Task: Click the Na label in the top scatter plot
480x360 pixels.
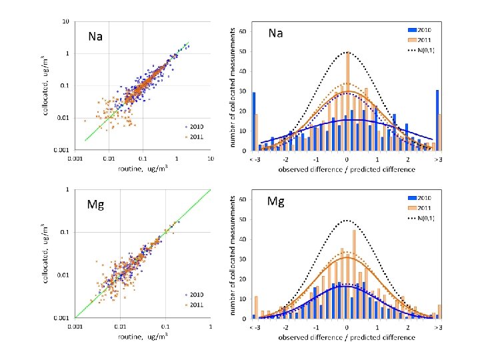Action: point(95,36)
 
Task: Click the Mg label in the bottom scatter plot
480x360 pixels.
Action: point(95,204)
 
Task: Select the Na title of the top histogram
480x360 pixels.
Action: point(276,32)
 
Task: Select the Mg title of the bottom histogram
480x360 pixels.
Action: point(276,201)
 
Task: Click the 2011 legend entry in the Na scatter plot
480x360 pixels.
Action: point(194,138)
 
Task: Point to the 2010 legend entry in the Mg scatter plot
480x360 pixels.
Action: point(194,294)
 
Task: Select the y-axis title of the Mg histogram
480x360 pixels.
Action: point(233,257)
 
